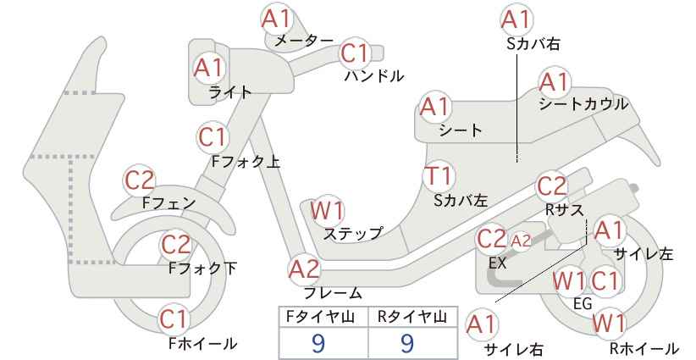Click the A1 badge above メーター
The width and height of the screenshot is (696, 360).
pos(277,19)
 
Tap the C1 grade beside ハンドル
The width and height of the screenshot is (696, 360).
pos(356,53)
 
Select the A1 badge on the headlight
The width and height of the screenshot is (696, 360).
pos(209,68)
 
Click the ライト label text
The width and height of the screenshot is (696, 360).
pos(230,92)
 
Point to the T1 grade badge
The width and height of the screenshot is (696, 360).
pos(438,176)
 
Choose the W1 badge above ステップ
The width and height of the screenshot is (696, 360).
pos(328,211)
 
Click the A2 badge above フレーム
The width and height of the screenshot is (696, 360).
pos(304,269)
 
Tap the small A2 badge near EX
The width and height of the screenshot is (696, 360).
pos(521,241)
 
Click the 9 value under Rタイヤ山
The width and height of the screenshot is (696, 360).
pos(407,343)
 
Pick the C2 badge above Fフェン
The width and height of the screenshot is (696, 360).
pos(140,180)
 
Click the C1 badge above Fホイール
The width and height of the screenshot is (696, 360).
pos(175,319)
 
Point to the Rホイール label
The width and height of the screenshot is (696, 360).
pos(644,348)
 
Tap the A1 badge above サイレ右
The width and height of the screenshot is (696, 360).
pos(482,325)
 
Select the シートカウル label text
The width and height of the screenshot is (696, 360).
pos(583,104)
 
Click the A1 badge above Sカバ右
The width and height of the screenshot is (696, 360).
pos(516,19)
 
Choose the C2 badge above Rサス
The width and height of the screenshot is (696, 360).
pos(552,187)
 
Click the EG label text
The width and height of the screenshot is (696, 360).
pos(583,303)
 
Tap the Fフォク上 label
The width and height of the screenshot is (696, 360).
pos(246,162)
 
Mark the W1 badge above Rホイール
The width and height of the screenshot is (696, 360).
pos(609,324)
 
